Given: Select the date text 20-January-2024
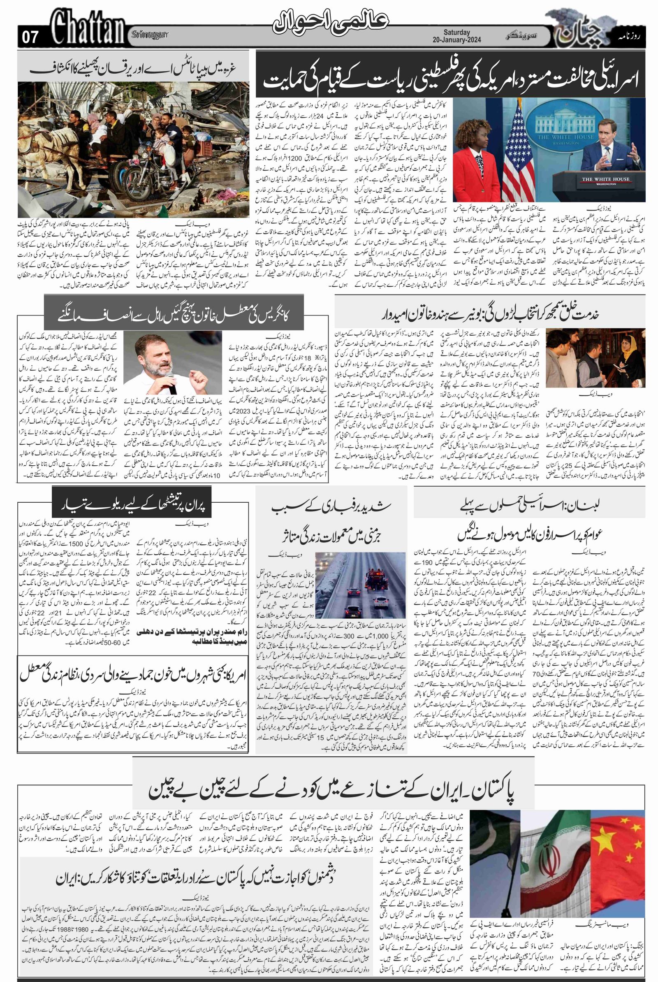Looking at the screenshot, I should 457,40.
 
